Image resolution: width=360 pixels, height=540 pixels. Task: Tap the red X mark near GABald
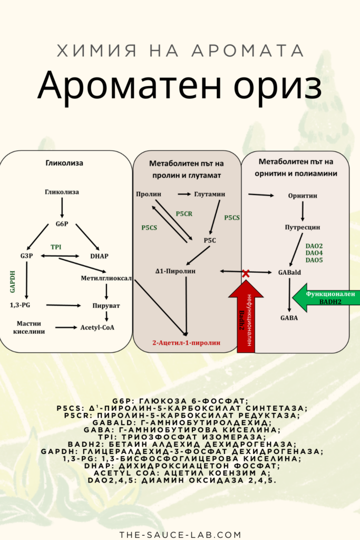click(246, 273)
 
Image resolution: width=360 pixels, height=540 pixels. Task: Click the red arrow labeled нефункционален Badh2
click(245, 316)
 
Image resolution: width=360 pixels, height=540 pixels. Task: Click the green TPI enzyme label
click(56, 247)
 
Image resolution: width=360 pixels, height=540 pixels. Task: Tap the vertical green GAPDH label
click(12, 279)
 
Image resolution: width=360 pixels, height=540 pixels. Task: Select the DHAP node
click(99, 256)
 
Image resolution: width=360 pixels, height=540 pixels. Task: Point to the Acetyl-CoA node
click(98, 327)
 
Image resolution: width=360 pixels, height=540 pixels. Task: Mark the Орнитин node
click(303, 196)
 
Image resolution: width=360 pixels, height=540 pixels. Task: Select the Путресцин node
click(302, 227)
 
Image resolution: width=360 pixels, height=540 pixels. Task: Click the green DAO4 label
click(314, 253)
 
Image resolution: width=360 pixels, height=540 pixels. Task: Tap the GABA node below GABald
click(289, 318)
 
